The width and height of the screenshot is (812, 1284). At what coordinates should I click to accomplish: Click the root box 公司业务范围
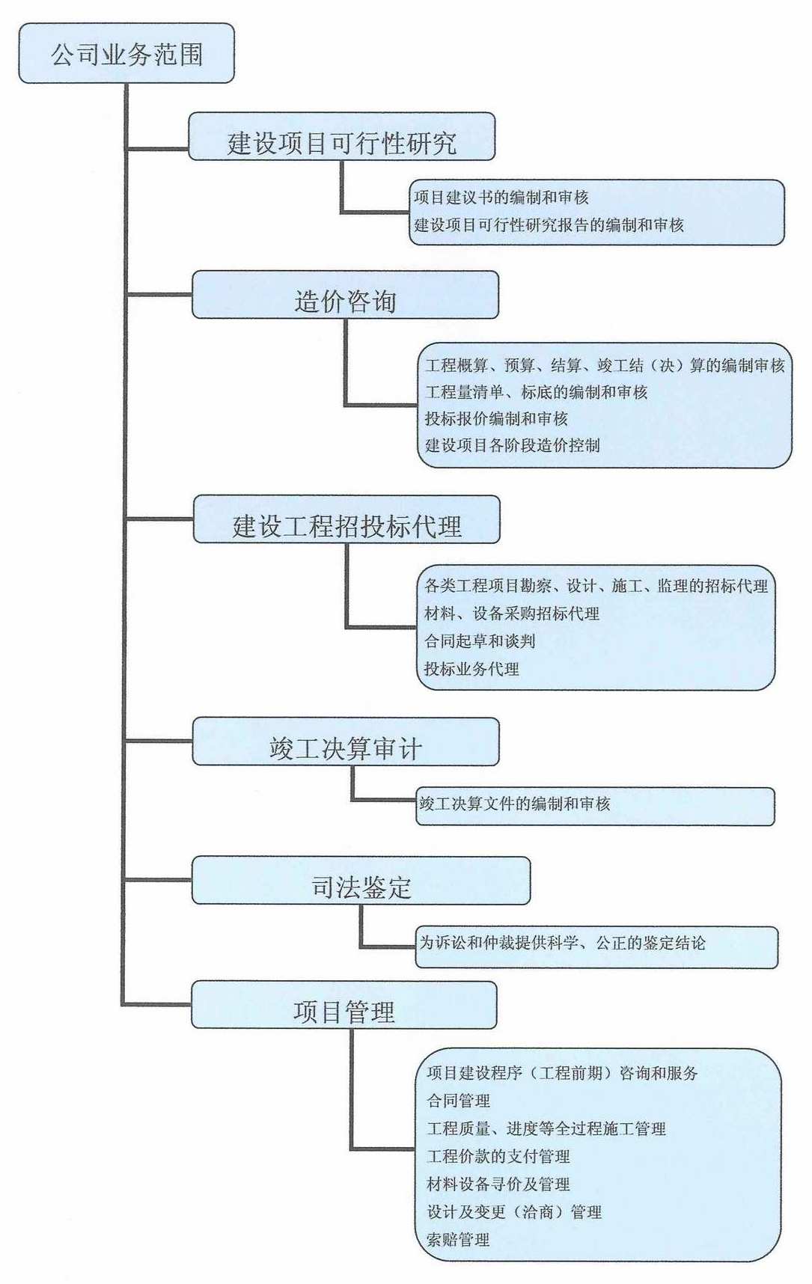[126, 54]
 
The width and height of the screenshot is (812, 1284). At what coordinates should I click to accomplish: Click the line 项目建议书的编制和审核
[501, 198]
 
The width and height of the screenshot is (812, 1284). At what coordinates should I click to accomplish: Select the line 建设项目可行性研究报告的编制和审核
[549, 224]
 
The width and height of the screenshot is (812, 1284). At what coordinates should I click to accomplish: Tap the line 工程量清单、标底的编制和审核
[536, 392]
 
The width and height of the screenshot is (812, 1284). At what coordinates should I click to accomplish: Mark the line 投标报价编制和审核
[496, 418]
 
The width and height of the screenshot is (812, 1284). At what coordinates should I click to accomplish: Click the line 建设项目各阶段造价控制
[513, 445]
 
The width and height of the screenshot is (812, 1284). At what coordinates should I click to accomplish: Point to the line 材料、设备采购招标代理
[512, 614]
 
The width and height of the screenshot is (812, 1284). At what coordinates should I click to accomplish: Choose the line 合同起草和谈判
[480, 641]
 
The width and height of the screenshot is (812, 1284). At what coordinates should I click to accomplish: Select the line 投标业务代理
[471, 669]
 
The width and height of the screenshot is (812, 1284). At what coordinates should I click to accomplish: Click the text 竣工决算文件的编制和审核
[514, 804]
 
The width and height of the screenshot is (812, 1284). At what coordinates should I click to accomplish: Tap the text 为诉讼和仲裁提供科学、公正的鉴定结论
[562, 944]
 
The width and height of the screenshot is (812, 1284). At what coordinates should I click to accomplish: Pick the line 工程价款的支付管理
[498, 1157]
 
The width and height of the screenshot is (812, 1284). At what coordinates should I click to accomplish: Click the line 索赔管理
[458, 1240]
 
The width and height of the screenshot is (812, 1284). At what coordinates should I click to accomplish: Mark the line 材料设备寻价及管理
[498, 1184]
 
